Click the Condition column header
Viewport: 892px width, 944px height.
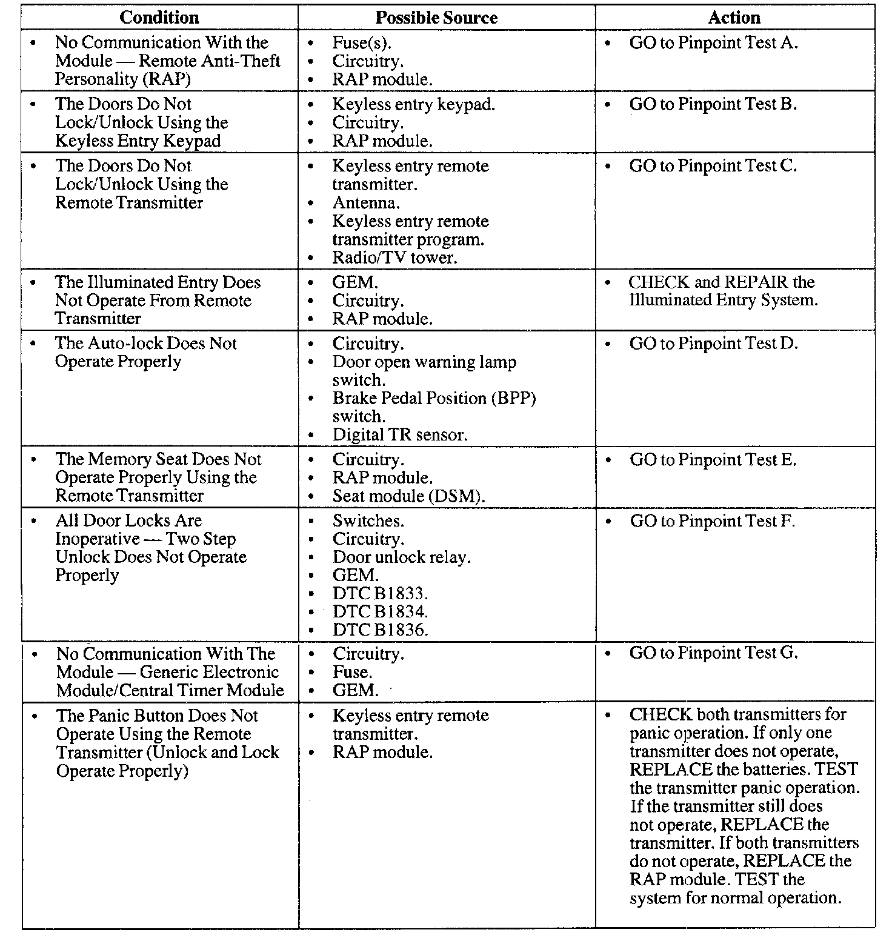tap(159, 18)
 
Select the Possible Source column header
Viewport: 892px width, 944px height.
tap(436, 18)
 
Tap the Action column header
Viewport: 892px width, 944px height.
tap(734, 18)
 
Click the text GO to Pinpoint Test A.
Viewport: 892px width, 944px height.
tap(713, 43)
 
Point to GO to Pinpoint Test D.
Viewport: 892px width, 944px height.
tap(714, 344)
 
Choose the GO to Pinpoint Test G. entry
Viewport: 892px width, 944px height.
tap(713, 653)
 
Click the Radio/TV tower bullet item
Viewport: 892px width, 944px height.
tap(394, 258)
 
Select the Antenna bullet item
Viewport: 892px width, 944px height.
tap(366, 203)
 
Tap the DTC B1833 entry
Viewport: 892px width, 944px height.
tap(380, 593)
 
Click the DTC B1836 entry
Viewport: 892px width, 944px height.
tap(380, 630)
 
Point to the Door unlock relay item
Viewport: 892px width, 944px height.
tap(401, 557)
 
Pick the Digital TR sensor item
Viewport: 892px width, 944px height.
tap(400, 434)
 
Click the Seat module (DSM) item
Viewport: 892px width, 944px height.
tap(409, 496)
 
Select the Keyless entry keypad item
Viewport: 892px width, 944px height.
tap(413, 104)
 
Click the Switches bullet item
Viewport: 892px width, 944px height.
tap(368, 520)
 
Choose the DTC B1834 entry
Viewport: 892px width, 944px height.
tap(380, 611)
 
